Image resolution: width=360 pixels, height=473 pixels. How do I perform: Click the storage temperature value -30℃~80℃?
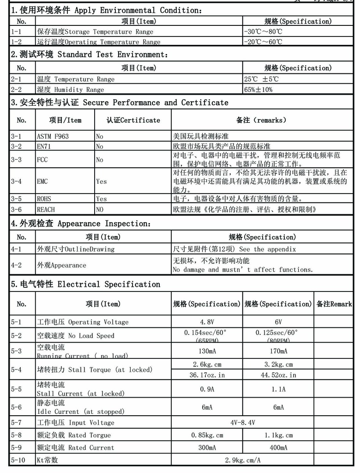coord(263,32)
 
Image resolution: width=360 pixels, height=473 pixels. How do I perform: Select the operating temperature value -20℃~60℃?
coord(263,42)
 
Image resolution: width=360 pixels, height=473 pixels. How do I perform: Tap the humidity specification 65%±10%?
coord(258,90)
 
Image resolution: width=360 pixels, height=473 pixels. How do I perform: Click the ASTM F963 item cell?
coord(53,137)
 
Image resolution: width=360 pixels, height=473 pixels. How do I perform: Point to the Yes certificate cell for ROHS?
coord(101,199)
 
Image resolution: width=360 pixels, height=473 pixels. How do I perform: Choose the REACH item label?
coord(46,210)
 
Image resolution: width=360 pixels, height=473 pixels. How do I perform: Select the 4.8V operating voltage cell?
coord(207,322)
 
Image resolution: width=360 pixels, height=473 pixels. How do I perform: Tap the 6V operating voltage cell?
coord(278,322)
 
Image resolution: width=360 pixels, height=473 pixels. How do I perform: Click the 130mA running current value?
coord(207,351)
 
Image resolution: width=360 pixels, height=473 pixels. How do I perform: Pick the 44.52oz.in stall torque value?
coord(278,375)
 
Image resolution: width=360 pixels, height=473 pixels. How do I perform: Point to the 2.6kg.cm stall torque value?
coord(207,364)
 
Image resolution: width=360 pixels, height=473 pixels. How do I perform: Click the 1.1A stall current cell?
coord(278,389)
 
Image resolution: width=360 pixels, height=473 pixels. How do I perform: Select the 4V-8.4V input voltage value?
coord(242,423)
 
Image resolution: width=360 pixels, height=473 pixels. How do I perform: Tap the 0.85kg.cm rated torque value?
coord(207,435)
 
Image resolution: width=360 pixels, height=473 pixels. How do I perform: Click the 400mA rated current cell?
coord(278,448)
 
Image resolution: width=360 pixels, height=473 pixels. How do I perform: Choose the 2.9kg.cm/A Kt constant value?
coord(242,460)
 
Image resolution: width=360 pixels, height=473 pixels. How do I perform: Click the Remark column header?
coord(334,304)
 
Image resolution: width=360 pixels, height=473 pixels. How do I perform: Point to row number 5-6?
coord(16,407)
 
